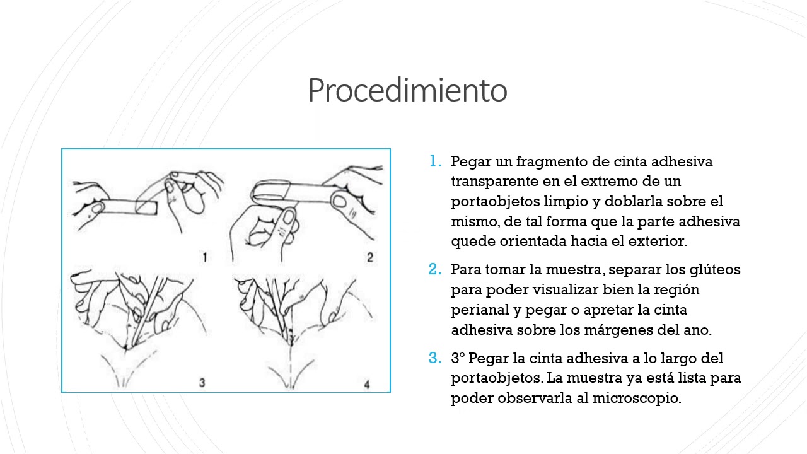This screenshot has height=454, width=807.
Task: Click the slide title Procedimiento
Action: point(407,91)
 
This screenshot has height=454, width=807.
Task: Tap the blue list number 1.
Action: point(434,161)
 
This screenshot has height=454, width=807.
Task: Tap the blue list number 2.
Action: point(434,269)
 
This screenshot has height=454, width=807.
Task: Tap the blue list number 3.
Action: point(434,358)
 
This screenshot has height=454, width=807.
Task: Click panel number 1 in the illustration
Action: point(205,257)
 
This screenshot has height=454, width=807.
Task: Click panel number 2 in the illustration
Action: point(369,257)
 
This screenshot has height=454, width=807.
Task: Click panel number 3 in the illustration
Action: point(202,382)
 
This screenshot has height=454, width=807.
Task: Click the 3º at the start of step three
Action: point(458,358)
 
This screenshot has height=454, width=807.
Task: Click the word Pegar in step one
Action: point(470,161)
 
